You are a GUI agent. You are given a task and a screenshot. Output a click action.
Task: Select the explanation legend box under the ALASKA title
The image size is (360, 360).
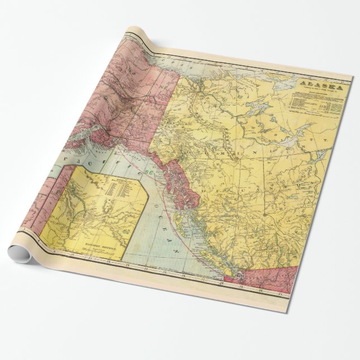tap(313, 102)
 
